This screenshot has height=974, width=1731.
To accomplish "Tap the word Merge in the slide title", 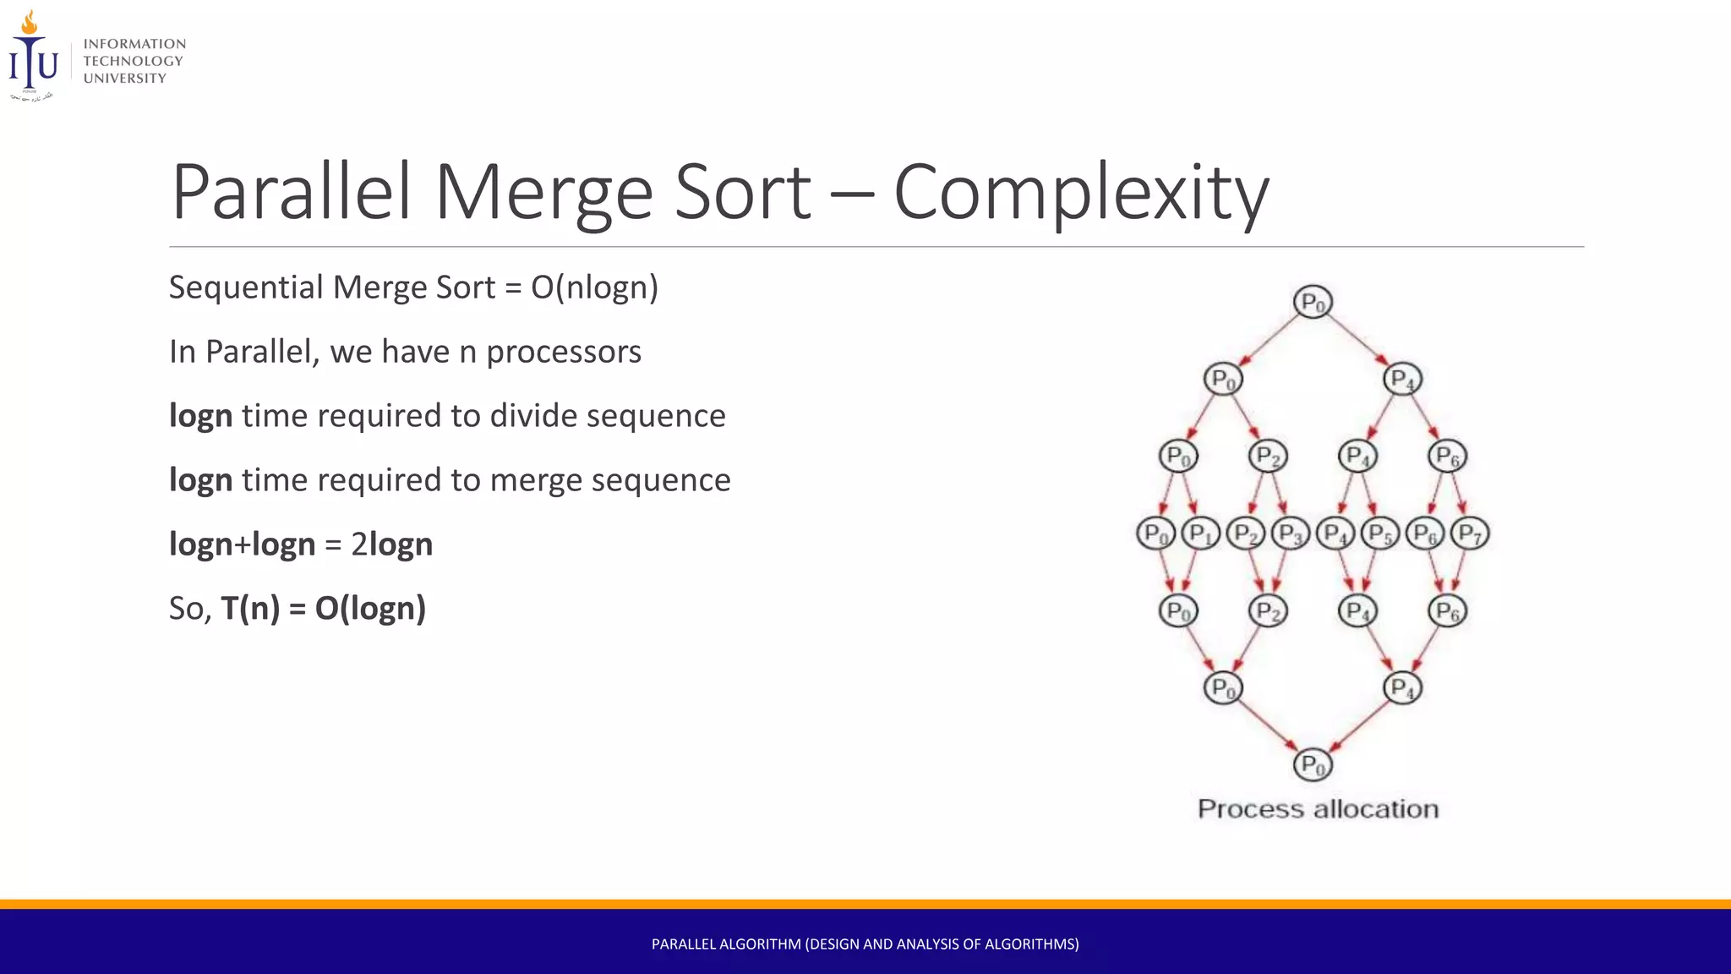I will (x=543, y=193).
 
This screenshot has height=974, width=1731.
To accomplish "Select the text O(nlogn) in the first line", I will (x=594, y=287).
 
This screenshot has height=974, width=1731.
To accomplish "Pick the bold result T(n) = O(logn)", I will (x=323, y=609).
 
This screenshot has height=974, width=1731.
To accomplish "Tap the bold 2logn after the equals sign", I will (x=391, y=544).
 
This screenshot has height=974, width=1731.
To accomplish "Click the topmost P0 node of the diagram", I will (x=1313, y=302).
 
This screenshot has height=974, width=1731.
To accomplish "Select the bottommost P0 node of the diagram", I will (x=1313, y=765).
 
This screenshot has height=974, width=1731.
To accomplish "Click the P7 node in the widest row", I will (x=1470, y=534).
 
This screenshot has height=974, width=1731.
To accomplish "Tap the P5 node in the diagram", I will (x=1380, y=534).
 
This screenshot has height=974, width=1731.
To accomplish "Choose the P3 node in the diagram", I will (x=1290, y=534).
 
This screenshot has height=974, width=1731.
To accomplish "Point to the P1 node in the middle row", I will (x=1200, y=534).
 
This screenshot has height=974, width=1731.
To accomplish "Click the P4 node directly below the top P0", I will (x=1402, y=379).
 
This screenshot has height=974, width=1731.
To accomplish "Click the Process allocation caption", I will (x=1318, y=809).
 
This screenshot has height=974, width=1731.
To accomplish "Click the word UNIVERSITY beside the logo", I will (x=125, y=79).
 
